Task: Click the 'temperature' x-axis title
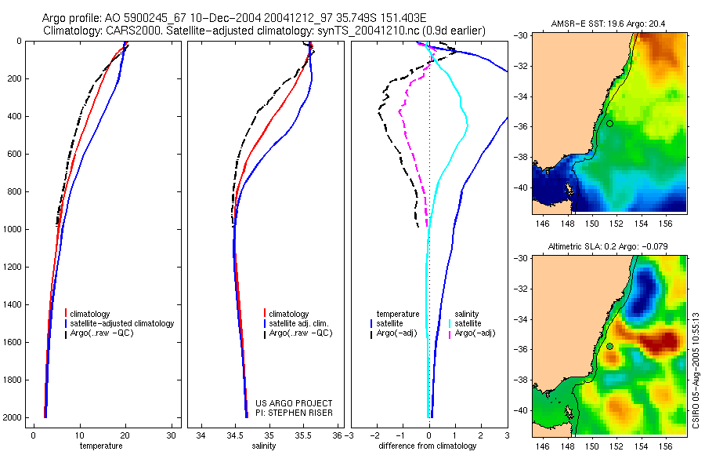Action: (x=101, y=446)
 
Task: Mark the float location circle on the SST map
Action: (x=609, y=123)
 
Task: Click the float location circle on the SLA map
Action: (x=609, y=346)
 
